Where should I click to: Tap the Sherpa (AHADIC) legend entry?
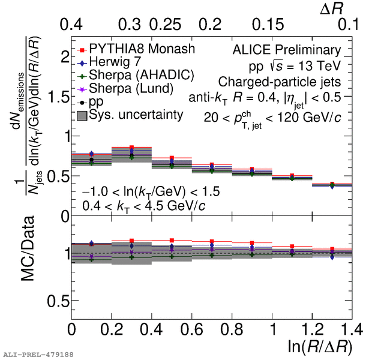(x=139, y=75)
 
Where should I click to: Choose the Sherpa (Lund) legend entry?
(x=131, y=88)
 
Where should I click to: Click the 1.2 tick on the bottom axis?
(x=311, y=329)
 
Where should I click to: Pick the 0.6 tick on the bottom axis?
(x=191, y=329)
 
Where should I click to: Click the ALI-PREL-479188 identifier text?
(x=38, y=355)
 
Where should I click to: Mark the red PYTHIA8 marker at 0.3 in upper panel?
(x=131, y=148)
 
